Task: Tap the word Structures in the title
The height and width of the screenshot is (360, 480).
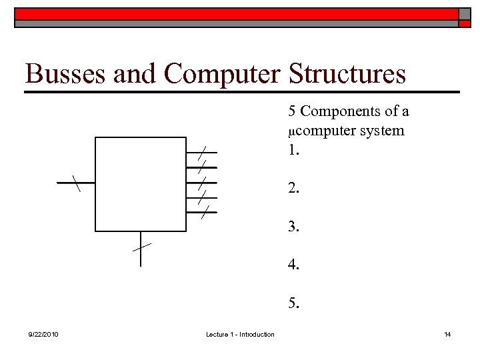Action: (x=347, y=74)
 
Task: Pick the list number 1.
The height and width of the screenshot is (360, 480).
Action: (x=294, y=150)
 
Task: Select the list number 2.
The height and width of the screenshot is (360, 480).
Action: (x=294, y=189)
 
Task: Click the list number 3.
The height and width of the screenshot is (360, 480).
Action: (x=294, y=227)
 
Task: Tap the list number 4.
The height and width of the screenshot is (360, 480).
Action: (x=294, y=265)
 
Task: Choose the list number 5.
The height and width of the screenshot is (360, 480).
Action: (x=294, y=304)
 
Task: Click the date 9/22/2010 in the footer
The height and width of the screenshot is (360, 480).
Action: (x=43, y=334)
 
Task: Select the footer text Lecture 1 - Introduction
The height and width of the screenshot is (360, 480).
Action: (x=240, y=334)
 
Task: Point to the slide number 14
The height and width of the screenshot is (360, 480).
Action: (x=447, y=334)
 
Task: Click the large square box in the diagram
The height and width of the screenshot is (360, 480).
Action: (x=141, y=184)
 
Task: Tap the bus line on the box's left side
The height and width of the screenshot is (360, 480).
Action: (x=75, y=182)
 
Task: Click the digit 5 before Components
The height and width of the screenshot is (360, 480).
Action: (x=292, y=111)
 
